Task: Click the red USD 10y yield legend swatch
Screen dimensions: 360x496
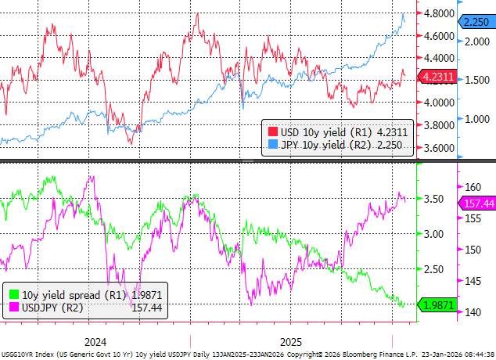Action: (271, 131)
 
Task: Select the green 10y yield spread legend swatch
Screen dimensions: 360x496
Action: (13, 295)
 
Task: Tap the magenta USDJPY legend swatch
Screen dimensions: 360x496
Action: (13, 308)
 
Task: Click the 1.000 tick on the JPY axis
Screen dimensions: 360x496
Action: (475, 118)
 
